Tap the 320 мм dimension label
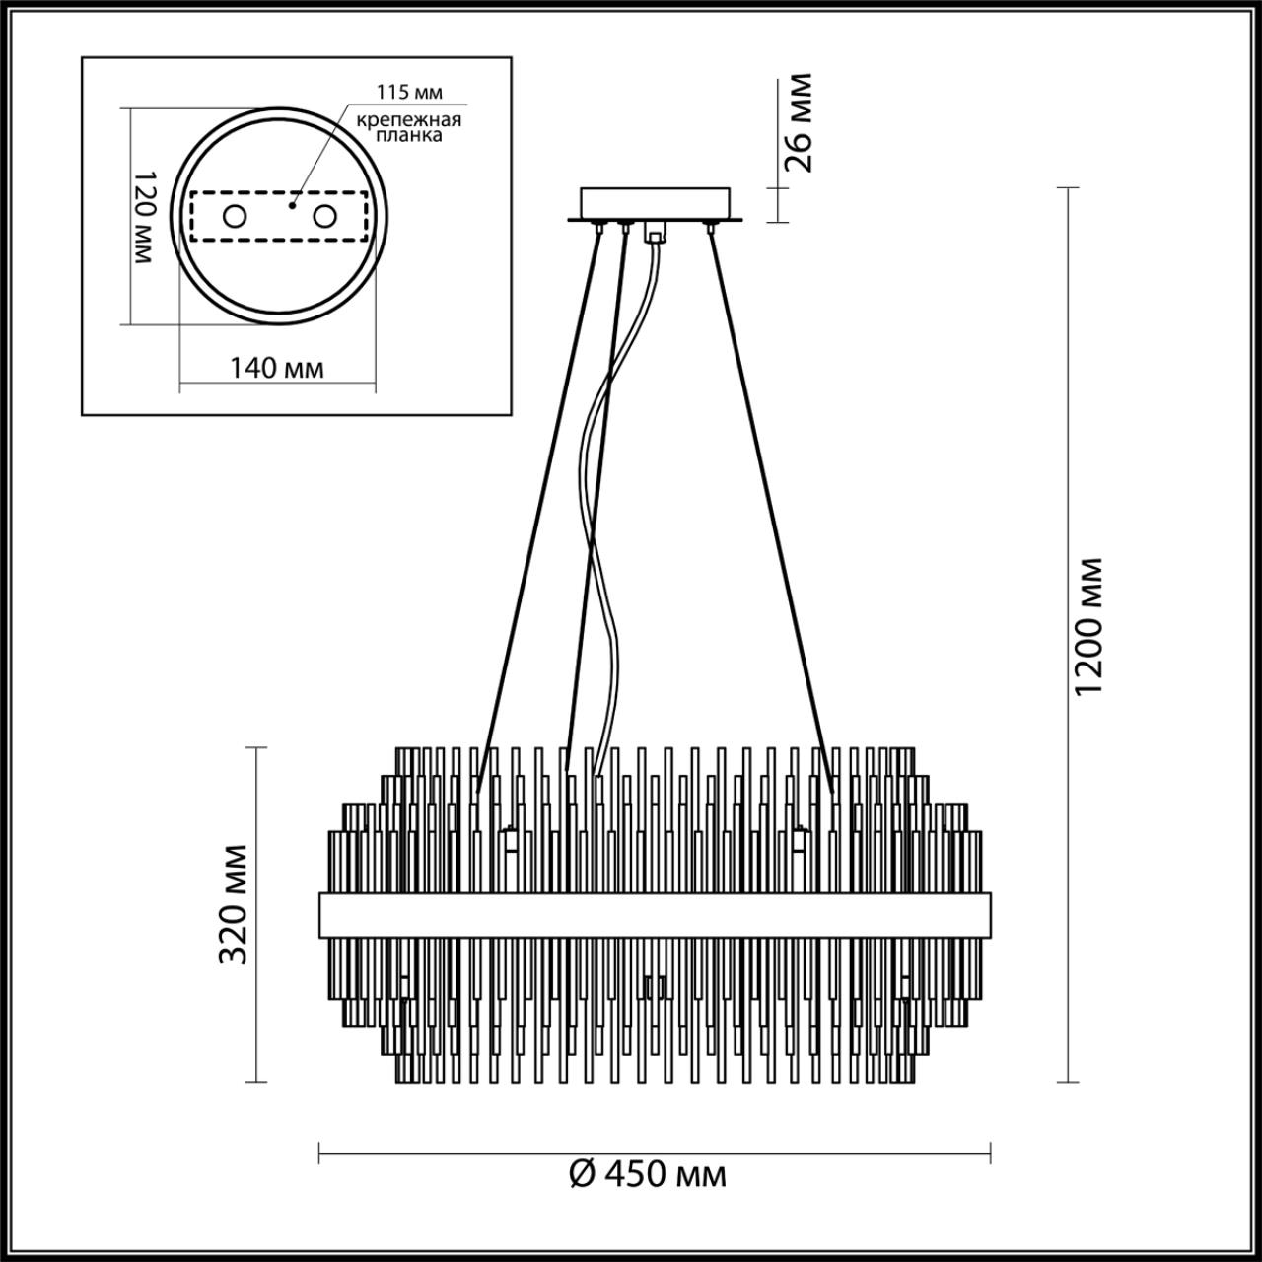(x=233, y=903)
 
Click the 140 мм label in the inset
(x=276, y=368)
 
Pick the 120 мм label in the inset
(x=144, y=216)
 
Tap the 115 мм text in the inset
(x=409, y=92)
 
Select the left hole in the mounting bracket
(x=234, y=216)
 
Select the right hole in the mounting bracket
(x=324, y=216)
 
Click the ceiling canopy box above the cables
(x=656, y=204)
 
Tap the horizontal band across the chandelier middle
(x=655, y=916)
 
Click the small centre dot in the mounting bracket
(x=292, y=207)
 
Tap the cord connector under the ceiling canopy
(x=654, y=234)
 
